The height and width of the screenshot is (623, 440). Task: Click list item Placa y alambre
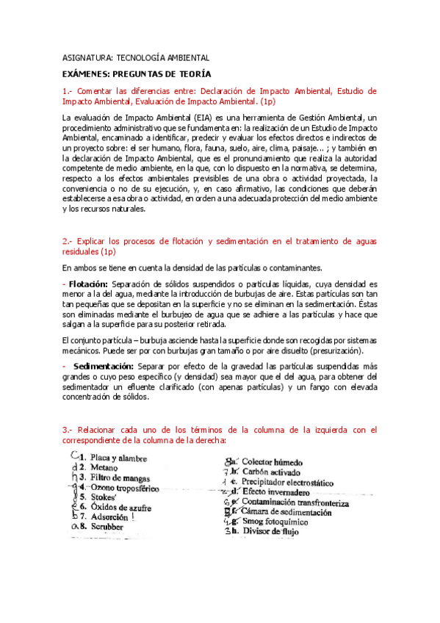pyautogui.click(x=118, y=458)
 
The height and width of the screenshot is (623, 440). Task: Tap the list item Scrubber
pyautogui.click(x=108, y=526)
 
